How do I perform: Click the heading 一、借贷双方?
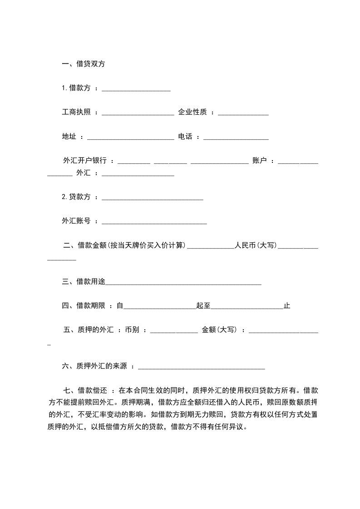tap(83, 64)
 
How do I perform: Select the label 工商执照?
tap(76, 112)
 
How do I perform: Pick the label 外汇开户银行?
tap(85, 161)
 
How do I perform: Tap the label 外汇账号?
tap(76, 221)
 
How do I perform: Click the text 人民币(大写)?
tap(256, 245)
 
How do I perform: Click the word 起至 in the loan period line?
tap(203, 306)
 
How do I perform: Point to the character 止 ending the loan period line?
tap(287, 306)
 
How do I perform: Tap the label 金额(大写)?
tap(219, 330)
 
